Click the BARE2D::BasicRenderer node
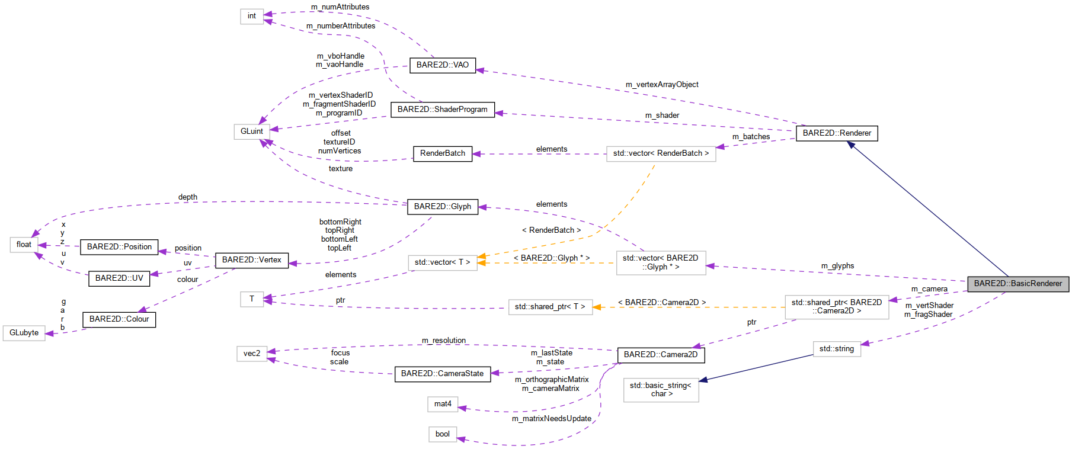1017,284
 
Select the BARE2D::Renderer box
836,133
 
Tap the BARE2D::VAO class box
442,65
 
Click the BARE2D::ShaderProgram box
442,110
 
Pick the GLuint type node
251,132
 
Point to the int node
251,16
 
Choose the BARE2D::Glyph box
442,207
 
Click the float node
24,245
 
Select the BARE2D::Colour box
119,319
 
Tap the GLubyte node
24,333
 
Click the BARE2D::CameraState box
442,374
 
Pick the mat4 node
442,404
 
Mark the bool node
442,434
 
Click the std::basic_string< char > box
660,390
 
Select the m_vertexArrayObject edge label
661,85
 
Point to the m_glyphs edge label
837,266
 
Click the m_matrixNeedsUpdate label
551,419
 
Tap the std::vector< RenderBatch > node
660,153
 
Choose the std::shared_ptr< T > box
549,307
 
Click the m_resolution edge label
443,341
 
